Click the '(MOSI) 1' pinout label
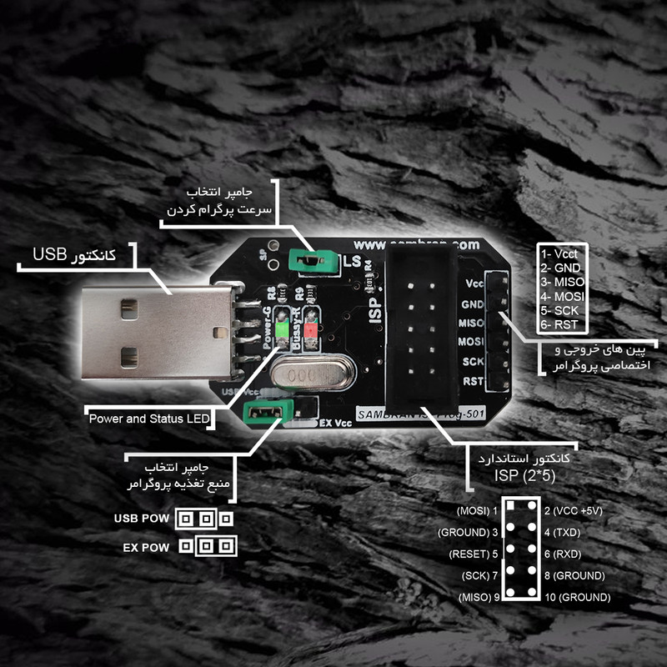(477, 509)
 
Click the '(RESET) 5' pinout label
(474, 554)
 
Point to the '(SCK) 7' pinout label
(479, 575)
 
